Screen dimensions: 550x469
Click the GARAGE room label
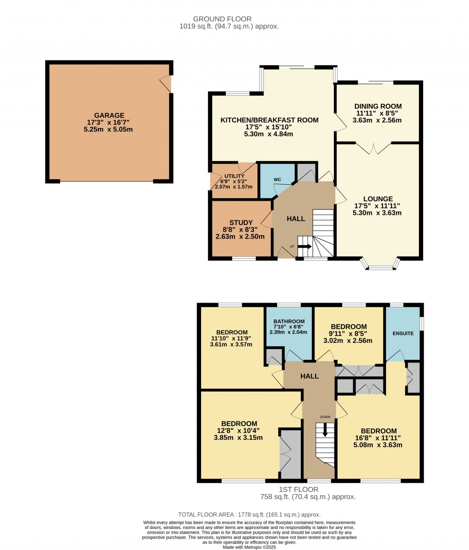click(x=109, y=116)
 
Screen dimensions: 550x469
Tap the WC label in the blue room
click(x=277, y=179)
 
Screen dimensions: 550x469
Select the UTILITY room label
click(x=234, y=176)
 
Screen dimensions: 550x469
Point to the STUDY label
click(x=241, y=223)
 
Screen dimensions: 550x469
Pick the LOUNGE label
click(x=378, y=199)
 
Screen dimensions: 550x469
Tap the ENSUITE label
click(x=403, y=334)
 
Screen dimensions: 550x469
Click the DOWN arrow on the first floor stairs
click(x=325, y=430)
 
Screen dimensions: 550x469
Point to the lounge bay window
click(x=381, y=266)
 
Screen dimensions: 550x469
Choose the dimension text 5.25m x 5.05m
click(x=109, y=129)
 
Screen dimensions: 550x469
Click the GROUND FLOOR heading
click(x=222, y=19)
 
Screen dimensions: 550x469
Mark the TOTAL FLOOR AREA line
click(x=249, y=514)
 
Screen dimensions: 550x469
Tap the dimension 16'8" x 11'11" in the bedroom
click(x=378, y=438)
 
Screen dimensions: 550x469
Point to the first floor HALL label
click(x=310, y=376)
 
